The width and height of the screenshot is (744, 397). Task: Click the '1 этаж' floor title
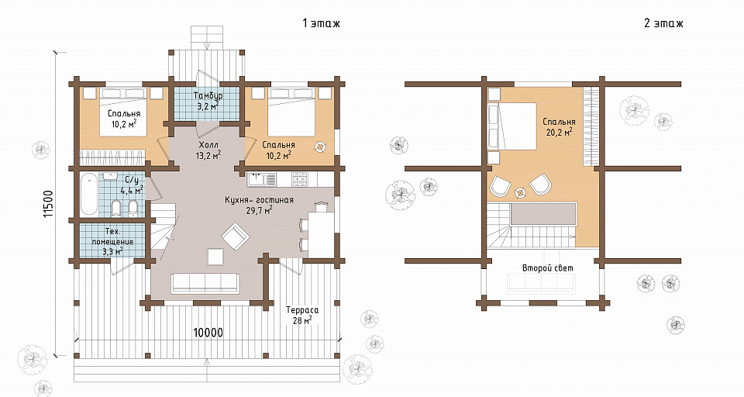(x=321, y=22)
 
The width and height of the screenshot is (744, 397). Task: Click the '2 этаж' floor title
(x=664, y=22)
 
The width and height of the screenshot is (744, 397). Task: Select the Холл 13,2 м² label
(x=208, y=150)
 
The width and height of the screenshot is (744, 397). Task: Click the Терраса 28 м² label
(x=301, y=316)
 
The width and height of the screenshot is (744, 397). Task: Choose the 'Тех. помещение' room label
(x=112, y=236)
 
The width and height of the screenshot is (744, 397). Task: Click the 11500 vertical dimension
(x=48, y=205)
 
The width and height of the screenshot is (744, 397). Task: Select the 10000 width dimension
(x=208, y=333)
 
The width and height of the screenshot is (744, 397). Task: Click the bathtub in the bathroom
(x=89, y=195)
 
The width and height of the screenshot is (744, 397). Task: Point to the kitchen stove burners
(x=301, y=179)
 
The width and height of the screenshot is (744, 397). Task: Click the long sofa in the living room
(x=205, y=282)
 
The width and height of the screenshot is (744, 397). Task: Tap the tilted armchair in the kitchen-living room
(x=235, y=236)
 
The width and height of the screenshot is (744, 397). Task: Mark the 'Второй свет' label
(x=548, y=268)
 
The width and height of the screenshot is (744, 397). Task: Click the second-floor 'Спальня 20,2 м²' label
(x=559, y=127)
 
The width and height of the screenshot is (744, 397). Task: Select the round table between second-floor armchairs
(x=521, y=192)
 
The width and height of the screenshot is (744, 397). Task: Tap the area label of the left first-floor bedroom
(x=124, y=124)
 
